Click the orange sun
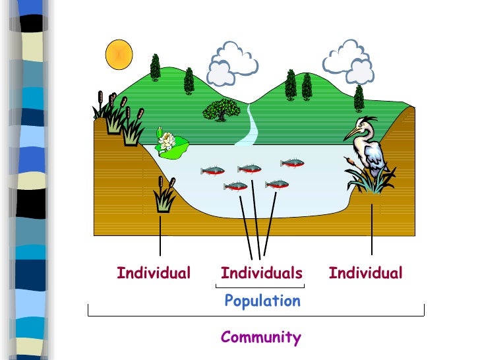click(x=119, y=53)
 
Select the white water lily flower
click(x=167, y=140)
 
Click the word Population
click(x=262, y=301)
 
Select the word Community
click(x=260, y=338)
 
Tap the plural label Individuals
click(x=261, y=273)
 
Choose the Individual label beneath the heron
click(x=365, y=273)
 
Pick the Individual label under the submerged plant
click(x=154, y=273)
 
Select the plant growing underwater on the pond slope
click(x=163, y=196)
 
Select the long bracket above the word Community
click(x=256, y=315)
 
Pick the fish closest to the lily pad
click(x=212, y=171)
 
